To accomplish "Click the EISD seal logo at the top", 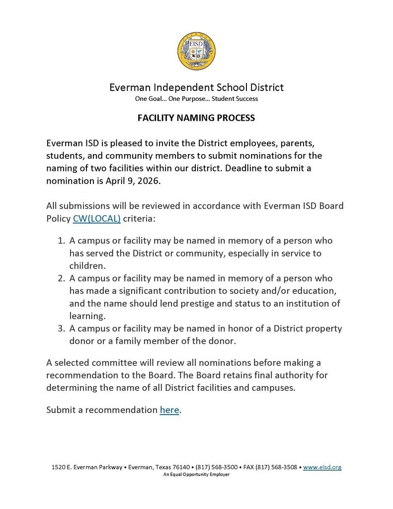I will pos(196,51).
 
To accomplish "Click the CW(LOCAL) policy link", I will pos(97,218).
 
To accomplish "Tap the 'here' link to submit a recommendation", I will pos(169,410).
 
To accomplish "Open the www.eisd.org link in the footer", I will pos(322,467).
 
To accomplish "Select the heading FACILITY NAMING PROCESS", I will pos(196,118).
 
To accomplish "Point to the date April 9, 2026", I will pos(133,181).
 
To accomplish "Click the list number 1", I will pos(62,241).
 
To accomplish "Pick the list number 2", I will pos(62,278).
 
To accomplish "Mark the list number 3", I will pos(62,329).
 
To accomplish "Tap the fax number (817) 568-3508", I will pos(279,467).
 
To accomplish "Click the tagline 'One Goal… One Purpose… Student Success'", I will pos(196,99).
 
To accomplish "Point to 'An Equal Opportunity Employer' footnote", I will pos(196,475).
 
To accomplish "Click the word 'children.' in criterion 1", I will pos(87,266).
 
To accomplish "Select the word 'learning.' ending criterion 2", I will pos(87,316).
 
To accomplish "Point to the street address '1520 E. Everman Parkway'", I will pos(87,467).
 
